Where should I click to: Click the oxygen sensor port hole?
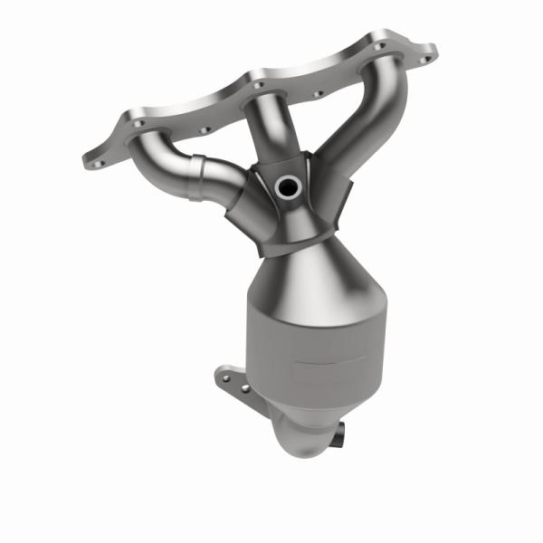click(287, 187)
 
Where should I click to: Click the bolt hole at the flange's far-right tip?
click(422, 60)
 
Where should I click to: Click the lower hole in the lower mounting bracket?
click(245, 388)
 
